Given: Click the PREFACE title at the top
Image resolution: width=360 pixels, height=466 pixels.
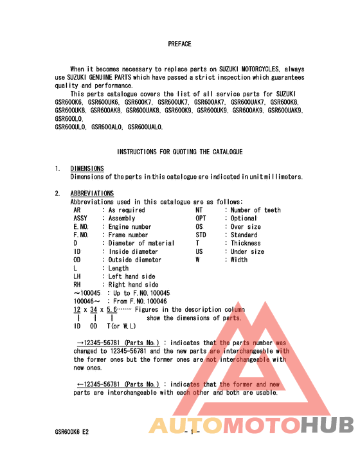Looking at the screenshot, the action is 179,44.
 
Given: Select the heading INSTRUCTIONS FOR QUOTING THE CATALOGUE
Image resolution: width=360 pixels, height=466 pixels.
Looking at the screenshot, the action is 179,152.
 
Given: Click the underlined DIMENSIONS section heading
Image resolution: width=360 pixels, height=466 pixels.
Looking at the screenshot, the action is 87,168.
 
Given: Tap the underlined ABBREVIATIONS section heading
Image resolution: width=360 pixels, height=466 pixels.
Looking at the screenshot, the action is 92,193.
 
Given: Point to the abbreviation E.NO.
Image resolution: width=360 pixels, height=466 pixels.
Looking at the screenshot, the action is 81,227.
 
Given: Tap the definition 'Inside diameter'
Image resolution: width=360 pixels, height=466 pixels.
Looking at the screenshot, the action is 133,252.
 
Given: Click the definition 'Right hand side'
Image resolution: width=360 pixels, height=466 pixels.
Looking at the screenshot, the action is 133,285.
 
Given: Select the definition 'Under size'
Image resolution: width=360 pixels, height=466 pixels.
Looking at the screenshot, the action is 248,252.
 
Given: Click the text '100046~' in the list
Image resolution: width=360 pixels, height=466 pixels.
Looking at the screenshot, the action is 87,301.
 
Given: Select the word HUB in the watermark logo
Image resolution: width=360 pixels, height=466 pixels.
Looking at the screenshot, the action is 327,426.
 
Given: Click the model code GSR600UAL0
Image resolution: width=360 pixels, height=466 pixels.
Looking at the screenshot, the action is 145,127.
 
